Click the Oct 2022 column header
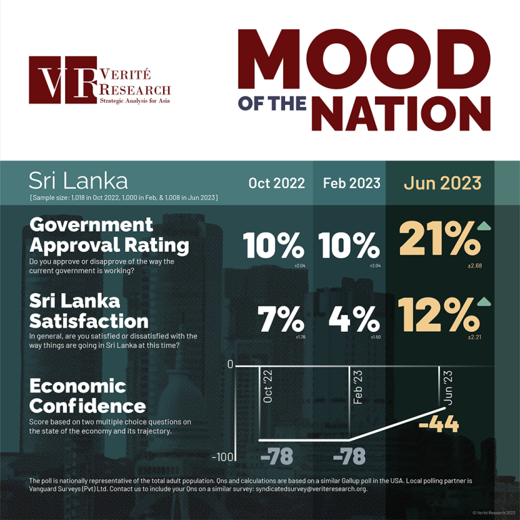276,183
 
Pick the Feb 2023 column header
351,183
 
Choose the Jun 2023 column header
443,183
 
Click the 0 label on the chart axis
230,365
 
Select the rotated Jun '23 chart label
447,387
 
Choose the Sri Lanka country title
78,181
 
